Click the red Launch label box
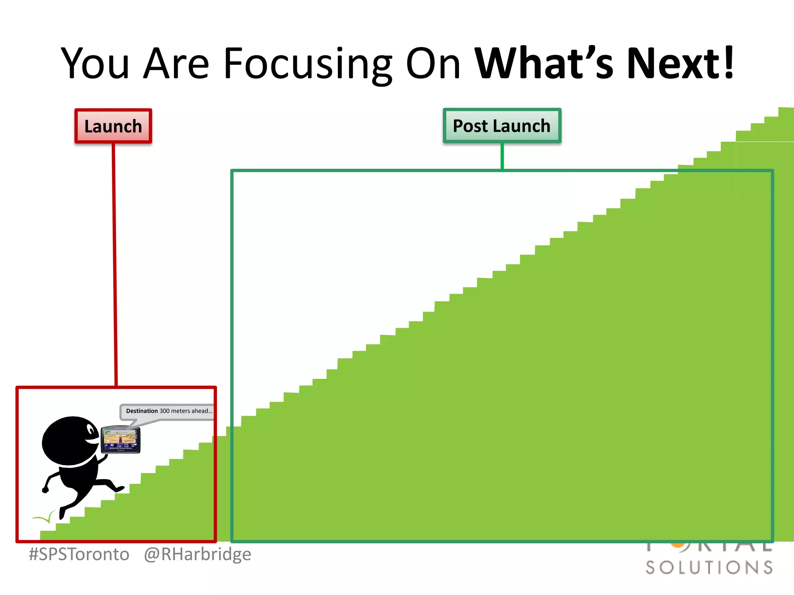tap(113, 126)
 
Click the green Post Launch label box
tap(502, 126)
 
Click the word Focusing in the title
tap(308, 64)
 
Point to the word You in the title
tap(95, 64)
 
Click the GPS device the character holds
tap(120, 440)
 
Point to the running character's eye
tap(91, 430)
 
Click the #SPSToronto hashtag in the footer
tap(79, 554)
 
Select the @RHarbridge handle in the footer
tap(197, 554)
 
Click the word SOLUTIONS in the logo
tap(709, 567)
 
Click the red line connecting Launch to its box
tap(115, 263)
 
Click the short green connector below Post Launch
tap(502, 156)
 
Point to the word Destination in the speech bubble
tap(142, 411)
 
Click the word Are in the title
tap(176, 64)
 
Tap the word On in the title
tap(433, 64)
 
